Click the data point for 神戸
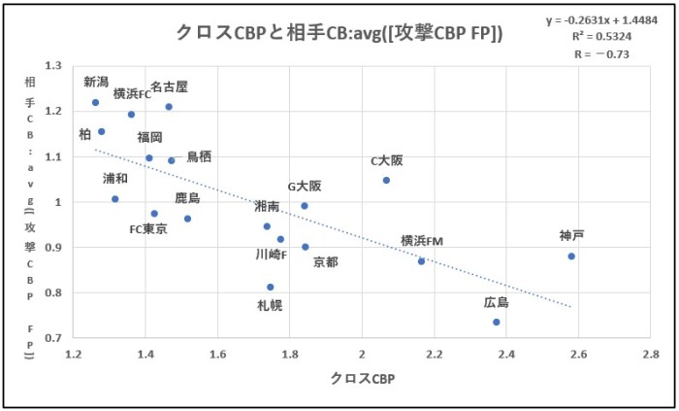tap(571, 257)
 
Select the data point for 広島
tap(496, 322)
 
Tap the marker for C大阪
tap(386, 180)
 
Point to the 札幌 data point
tap(270, 287)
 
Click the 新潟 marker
tap(95, 102)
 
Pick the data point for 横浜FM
tap(421, 260)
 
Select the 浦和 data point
tap(114, 199)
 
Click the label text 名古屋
tap(169, 86)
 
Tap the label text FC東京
tap(148, 229)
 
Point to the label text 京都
tap(325, 262)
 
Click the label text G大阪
tap(305, 186)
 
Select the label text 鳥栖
tap(199, 156)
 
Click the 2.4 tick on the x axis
tap(507, 356)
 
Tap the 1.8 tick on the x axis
tap(290, 356)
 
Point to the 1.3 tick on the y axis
tap(51, 66)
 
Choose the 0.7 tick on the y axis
tap(51, 337)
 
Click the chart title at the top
tap(340, 32)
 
